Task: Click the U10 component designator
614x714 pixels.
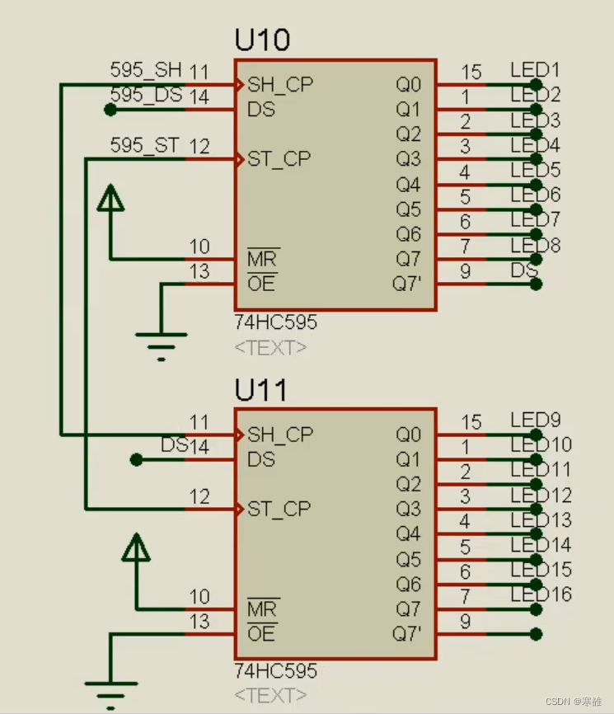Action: click(x=262, y=40)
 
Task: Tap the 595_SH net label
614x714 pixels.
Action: click(x=145, y=70)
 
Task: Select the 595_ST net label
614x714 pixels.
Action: click(x=144, y=146)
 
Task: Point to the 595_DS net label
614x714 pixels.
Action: click(x=146, y=95)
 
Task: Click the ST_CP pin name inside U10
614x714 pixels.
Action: click(x=279, y=159)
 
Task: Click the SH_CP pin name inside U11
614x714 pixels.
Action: click(x=280, y=434)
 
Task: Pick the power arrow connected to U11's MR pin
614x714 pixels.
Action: click(x=136, y=547)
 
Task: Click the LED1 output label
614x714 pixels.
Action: click(x=535, y=69)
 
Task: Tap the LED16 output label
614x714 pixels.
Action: click(x=541, y=594)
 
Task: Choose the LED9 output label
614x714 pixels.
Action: click(x=535, y=419)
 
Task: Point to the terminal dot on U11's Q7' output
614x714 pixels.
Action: click(x=537, y=634)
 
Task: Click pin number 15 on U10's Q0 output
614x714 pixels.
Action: click(x=471, y=72)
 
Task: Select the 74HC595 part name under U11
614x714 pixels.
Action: click(x=275, y=671)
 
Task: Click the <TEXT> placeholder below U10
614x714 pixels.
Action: click(x=271, y=348)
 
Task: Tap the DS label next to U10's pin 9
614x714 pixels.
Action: click(x=524, y=270)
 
